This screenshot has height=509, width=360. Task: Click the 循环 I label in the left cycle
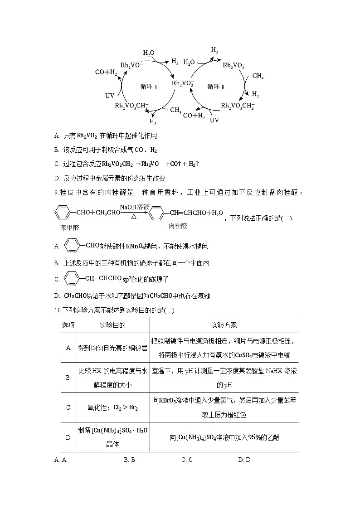(149, 87)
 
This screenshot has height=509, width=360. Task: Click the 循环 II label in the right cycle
(216, 86)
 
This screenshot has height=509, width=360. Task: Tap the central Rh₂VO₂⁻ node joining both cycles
(183, 83)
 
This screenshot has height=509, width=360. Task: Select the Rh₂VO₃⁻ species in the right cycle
(234, 66)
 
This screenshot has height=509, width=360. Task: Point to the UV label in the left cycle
(110, 96)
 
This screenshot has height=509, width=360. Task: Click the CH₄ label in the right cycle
(258, 76)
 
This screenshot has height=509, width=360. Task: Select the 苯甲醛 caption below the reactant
(69, 228)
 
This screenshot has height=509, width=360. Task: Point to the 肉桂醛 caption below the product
(178, 225)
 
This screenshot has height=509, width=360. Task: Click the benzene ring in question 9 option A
(72, 246)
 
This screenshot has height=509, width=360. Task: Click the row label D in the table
(68, 437)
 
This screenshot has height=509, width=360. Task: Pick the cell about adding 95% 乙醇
(224, 437)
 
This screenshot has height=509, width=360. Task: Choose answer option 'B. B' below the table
(130, 460)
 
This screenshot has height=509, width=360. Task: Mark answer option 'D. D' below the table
(244, 460)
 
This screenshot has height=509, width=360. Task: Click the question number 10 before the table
(57, 310)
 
